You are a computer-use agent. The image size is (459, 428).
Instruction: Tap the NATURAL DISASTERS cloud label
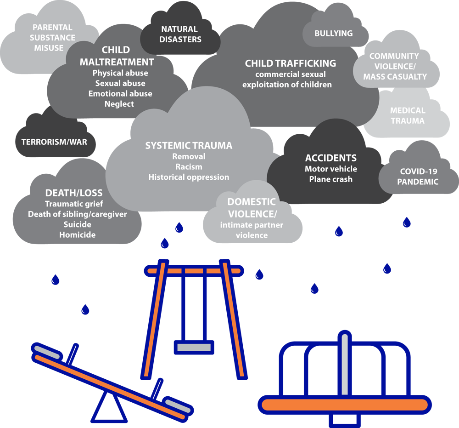point(180,34)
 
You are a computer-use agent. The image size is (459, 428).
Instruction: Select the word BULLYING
point(334,34)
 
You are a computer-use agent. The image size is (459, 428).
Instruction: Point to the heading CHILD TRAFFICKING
point(290,63)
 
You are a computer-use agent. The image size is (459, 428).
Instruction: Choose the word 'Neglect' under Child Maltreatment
point(119,104)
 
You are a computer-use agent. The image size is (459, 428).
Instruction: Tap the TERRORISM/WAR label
point(54,142)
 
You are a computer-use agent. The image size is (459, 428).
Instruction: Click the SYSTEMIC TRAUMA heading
point(189,146)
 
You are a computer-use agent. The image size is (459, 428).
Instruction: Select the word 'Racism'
point(189,166)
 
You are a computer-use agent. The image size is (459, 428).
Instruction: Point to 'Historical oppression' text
point(189,177)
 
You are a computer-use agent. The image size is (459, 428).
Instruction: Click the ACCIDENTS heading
point(330,158)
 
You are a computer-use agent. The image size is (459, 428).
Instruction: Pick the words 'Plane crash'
point(330,179)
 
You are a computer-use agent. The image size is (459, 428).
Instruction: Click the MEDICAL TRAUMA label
point(408,115)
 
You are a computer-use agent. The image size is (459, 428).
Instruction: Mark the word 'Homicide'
point(77,235)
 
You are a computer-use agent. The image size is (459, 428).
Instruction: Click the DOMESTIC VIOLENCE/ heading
point(252,207)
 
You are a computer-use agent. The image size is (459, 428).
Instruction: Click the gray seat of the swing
point(194,347)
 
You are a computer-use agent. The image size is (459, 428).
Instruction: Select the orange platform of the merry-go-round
point(345,405)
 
